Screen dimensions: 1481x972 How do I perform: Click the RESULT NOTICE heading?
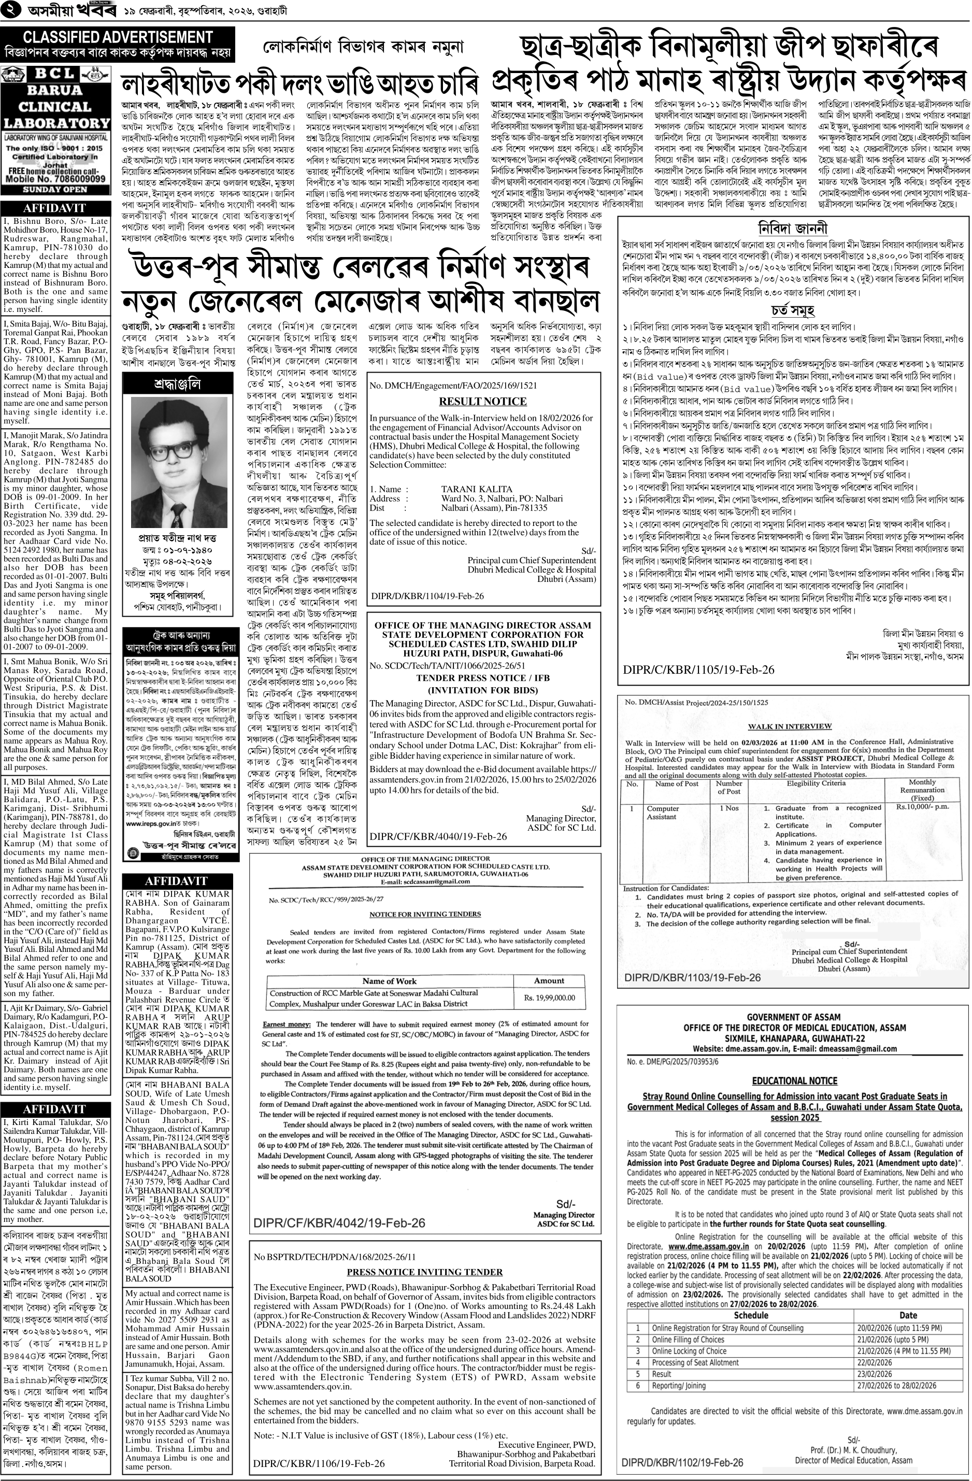click(x=483, y=402)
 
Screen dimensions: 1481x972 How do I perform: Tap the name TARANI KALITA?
click(x=477, y=489)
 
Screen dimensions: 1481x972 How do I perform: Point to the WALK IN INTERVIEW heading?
click(x=790, y=725)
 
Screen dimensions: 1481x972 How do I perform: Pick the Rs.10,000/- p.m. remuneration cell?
click(x=922, y=807)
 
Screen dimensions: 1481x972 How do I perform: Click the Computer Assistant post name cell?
click(x=662, y=812)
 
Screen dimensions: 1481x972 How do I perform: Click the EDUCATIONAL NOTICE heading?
click(x=794, y=1081)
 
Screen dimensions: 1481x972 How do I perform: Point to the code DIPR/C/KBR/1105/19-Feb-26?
click(x=699, y=670)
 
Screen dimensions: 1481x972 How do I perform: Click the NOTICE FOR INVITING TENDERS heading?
click(x=424, y=914)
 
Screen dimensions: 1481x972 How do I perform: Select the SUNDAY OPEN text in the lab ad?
click(x=55, y=189)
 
